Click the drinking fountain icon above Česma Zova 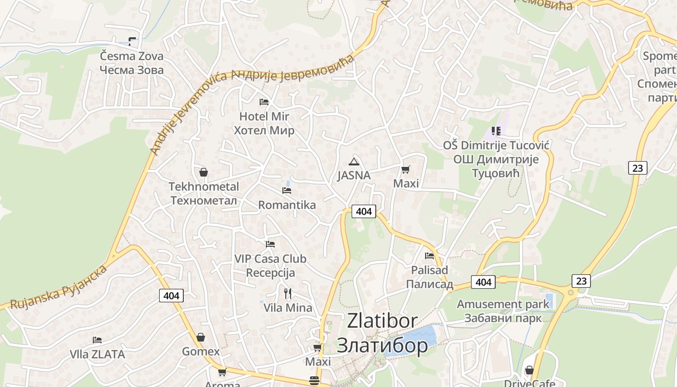pos(132,42)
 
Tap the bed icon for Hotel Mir pos(264,102)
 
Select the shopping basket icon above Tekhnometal pos(204,172)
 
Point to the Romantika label pos(287,205)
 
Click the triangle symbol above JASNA pos(354,162)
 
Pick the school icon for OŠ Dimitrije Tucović pos(496,131)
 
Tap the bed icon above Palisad pos(429,256)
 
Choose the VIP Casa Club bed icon pos(270,245)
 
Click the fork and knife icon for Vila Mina pos(288,293)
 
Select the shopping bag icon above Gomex pos(201,337)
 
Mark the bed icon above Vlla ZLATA pos(97,340)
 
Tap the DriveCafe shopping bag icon pos(530,370)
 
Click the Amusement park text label pos(503,304)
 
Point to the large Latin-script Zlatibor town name pos(382,321)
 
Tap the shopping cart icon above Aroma pos(222,372)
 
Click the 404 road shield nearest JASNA pos(364,211)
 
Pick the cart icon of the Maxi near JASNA pos(406,169)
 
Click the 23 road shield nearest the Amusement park pos(581,281)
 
